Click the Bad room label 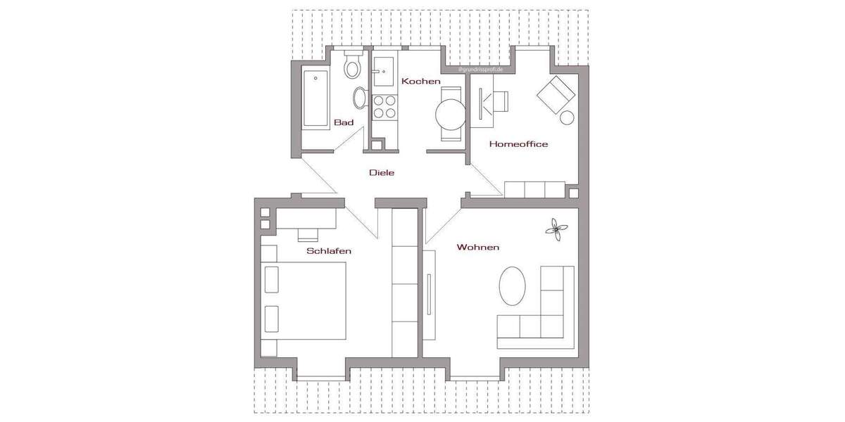tap(344, 122)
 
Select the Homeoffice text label tap(518, 144)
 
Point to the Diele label tap(382, 172)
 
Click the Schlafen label tap(328, 251)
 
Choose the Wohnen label tap(478, 247)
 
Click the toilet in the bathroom tap(352, 68)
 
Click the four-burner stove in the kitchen tap(384, 106)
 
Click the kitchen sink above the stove tap(384, 70)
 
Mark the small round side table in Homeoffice tap(568, 117)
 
